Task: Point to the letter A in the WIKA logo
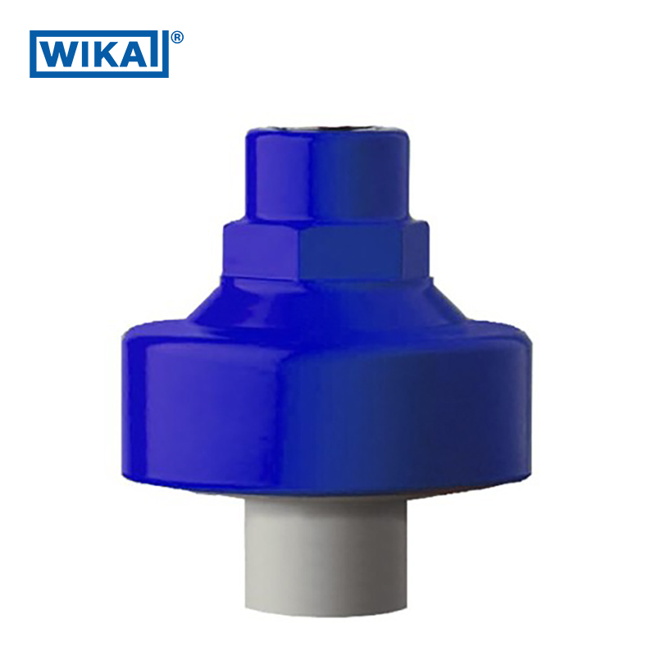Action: click(x=139, y=54)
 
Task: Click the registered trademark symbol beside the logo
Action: click(x=177, y=38)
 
